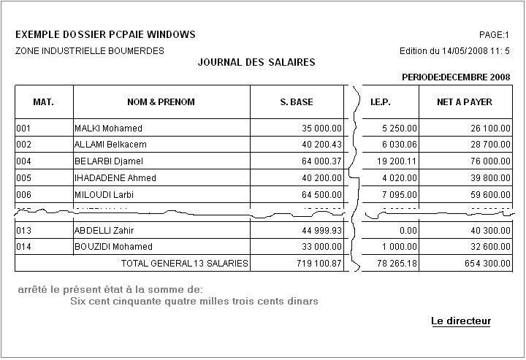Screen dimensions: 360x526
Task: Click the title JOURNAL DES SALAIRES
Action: pos(256,63)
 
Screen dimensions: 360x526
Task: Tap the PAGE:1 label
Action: pos(493,35)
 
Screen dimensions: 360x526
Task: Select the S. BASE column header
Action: pos(297,102)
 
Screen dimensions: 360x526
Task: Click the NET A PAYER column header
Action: pos(465,102)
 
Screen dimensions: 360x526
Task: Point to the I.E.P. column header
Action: pos(381,102)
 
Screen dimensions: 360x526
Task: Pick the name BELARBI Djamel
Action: pos(109,161)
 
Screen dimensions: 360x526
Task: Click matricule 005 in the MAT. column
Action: pos(23,178)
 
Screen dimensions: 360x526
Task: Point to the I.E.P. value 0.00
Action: pos(407,231)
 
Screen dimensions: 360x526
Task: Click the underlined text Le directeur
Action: pos(461,321)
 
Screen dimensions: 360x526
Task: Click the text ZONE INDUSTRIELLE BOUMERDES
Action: pos(89,51)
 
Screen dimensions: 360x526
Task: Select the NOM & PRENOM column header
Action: pos(161,102)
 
